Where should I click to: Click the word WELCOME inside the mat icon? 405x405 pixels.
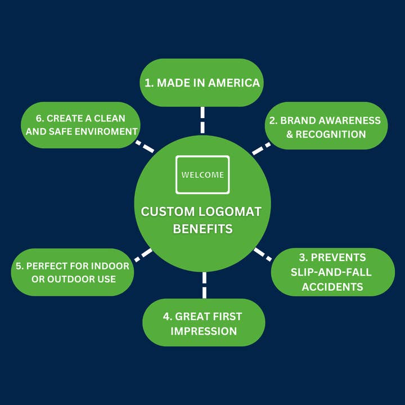click(202, 175)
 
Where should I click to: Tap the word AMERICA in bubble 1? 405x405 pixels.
click(234, 83)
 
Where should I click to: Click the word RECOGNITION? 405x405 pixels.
click(331, 134)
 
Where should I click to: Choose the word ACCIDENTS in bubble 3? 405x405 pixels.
click(332, 286)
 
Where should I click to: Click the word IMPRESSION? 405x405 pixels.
click(204, 331)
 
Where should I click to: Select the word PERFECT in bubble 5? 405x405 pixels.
click(48, 265)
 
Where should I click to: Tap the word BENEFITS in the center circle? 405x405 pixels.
click(202, 229)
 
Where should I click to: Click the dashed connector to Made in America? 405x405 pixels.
click(202, 119)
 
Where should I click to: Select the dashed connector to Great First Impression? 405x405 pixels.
click(204, 285)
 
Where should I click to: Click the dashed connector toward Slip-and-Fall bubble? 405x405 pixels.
click(262, 254)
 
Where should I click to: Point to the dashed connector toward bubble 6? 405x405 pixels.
click(145, 147)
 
